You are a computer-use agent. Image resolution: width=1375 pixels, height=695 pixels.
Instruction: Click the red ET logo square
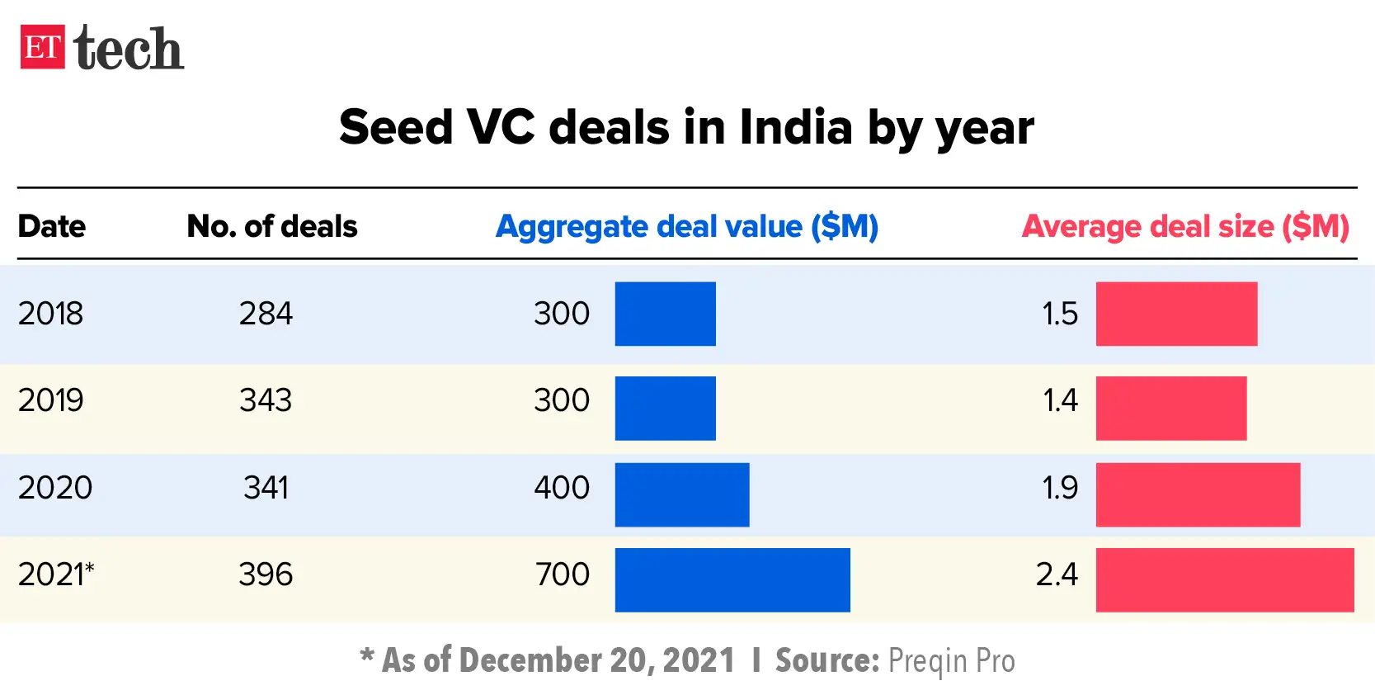click(42, 47)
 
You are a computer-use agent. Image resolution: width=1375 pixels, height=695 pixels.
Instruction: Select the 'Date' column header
click(51, 226)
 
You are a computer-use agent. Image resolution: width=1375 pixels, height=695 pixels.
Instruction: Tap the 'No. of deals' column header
click(271, 226)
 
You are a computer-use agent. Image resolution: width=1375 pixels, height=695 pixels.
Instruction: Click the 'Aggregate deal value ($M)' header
click(686, 226)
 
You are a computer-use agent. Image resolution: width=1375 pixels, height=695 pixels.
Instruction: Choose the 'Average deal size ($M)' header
click(1184, 226)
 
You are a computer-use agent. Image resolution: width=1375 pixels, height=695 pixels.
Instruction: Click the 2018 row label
click(50, 314)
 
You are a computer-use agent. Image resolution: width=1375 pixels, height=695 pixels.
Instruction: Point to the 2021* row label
click(55, 574)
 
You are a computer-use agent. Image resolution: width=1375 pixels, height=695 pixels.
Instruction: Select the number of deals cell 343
click(266, 400)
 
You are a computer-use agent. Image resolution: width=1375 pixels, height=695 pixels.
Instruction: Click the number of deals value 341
click(266, 488)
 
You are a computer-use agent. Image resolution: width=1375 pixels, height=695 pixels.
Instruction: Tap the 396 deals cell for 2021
click(266, 574)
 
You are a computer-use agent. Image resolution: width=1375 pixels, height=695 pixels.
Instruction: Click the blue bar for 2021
click(732, 579)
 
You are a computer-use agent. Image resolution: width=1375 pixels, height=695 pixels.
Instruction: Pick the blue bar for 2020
click(681, 494)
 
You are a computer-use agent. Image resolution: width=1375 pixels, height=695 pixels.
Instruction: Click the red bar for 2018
click(1175, 314)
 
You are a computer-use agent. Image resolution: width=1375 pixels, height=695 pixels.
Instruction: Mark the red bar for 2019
click(1170, 408)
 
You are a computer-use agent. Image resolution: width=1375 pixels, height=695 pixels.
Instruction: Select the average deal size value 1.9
click(1059, 488)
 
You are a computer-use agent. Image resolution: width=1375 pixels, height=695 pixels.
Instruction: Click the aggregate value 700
click(562, 574)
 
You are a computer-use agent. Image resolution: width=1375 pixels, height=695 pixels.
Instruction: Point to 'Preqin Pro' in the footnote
click(951, 661)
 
